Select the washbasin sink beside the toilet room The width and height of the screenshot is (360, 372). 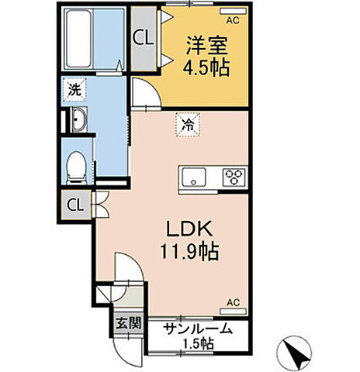78,120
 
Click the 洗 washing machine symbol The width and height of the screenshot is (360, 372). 73,90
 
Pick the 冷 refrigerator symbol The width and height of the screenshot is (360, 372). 188,122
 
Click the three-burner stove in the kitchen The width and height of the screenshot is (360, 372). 233,176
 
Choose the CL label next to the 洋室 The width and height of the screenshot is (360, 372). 142,36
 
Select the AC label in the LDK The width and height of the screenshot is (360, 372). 233,303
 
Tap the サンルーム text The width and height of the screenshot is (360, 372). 198,329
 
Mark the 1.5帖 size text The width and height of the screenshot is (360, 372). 199,343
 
